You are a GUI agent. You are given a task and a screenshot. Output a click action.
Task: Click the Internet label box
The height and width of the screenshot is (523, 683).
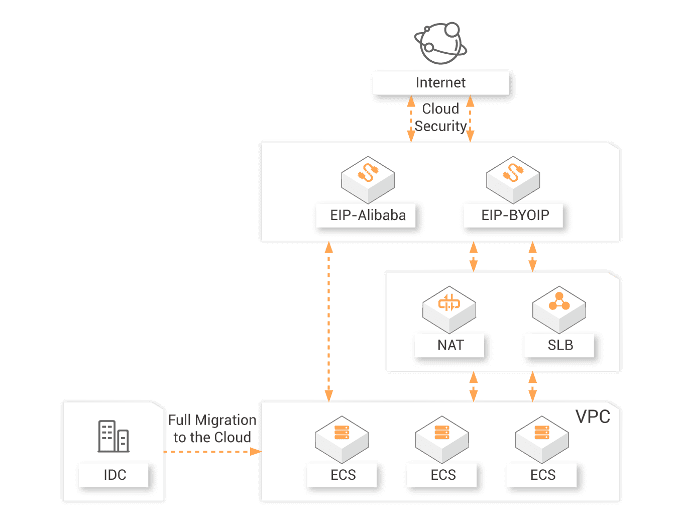pyautogui.click(x=440, y=83)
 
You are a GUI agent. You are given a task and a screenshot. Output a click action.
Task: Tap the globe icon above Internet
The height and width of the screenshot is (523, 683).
pyautogui.click(x=440, y=43)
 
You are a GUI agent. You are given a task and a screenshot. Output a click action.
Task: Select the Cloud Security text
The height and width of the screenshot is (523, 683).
pyautogui.click(x=440, y=118)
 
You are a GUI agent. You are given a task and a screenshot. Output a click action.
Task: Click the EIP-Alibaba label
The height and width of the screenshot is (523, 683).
pyautogui.click(x=368, y=216)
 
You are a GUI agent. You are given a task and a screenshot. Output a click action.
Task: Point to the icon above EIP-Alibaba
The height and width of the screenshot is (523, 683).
pyautogui.click(x=368, y=179)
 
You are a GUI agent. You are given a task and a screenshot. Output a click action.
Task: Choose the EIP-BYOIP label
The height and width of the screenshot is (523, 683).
pyautogui.click(x=515, y=216)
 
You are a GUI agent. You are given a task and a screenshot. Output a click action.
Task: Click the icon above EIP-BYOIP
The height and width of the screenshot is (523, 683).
pyautogui.click(x=513, y=179)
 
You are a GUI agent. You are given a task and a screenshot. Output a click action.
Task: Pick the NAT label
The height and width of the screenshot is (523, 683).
pyautogui.click(x=450, y=345)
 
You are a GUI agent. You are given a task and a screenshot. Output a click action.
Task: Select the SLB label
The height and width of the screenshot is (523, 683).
pyautogui.click(x=560, y=345)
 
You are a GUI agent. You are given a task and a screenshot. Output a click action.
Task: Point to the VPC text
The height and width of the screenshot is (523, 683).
pyautogui.click(x=593, y=417)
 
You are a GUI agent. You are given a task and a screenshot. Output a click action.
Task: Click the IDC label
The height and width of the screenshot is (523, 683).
pyautogui.click(x=115, y=475)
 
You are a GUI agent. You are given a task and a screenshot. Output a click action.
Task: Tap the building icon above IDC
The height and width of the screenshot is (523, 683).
pyautogui.click(x=113, y=436)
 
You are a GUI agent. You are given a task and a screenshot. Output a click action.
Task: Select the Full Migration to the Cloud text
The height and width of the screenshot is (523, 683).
pyautogui.click(x=212, y=429)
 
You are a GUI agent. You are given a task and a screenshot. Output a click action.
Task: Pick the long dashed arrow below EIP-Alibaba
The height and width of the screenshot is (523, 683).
pyautogui.click(x=329, y=322)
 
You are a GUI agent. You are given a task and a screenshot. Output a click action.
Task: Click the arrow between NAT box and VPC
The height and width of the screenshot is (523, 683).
pyautogui.click(x=473, y=386)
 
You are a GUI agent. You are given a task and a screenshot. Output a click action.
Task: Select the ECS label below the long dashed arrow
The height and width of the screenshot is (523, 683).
pyautogui.click(x=343, y=475)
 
